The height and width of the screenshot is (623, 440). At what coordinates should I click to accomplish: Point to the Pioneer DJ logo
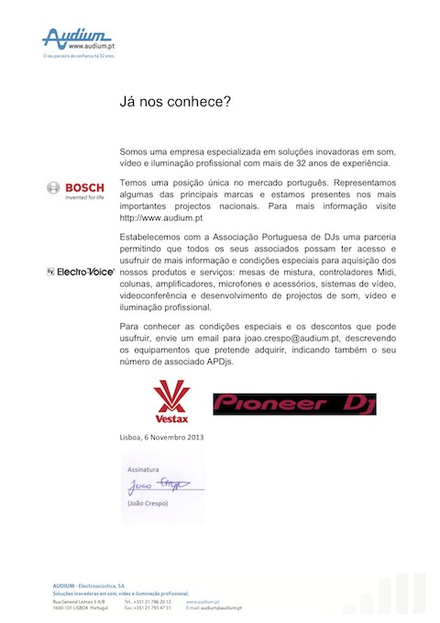coord(294,404)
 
